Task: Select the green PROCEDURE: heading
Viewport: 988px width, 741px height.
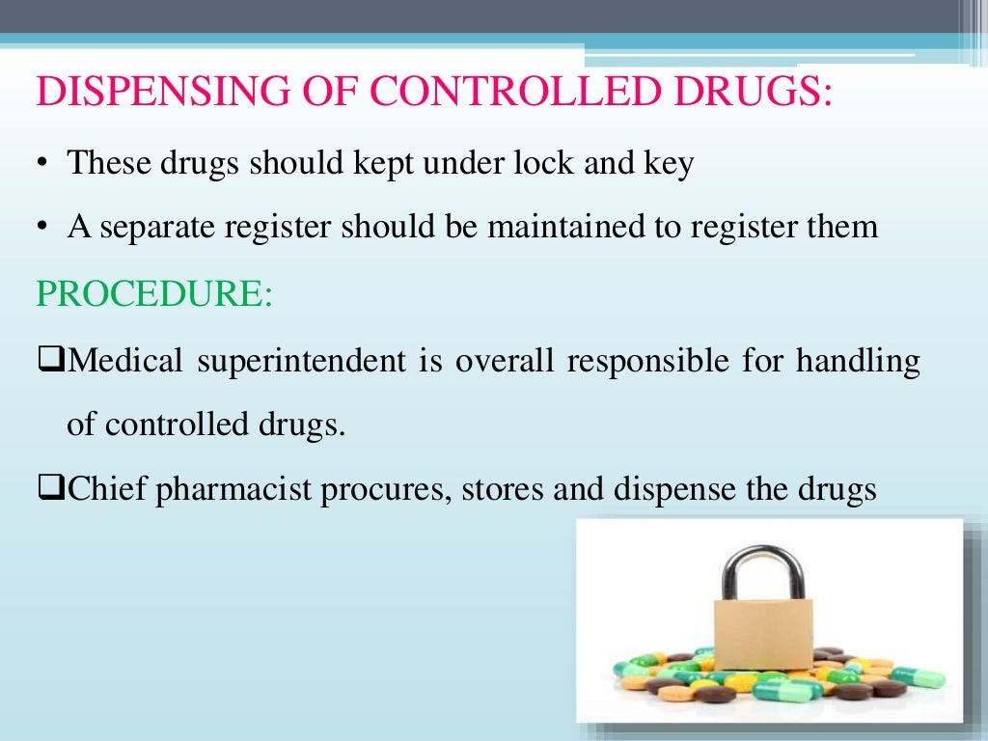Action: click(x=154, y=293)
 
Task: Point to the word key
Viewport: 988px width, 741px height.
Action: click(x=669, y=165)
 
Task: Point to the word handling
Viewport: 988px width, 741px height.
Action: click(x=858, y=363)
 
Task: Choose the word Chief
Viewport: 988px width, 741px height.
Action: click(x=106, y=490)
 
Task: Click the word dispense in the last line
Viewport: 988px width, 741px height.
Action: click(x=669, y=491)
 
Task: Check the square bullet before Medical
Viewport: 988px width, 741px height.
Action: click(x=50, y=362)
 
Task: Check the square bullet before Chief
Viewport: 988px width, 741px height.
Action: click(x=50, y=490)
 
